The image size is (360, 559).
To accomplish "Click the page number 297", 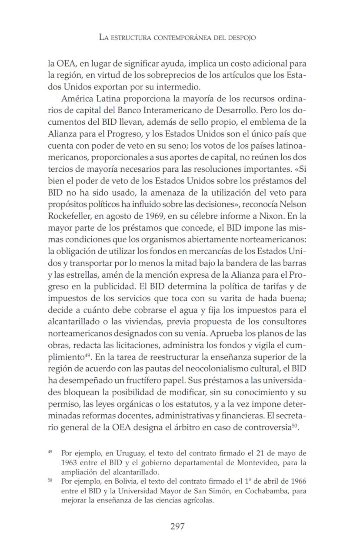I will click(177, 526).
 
